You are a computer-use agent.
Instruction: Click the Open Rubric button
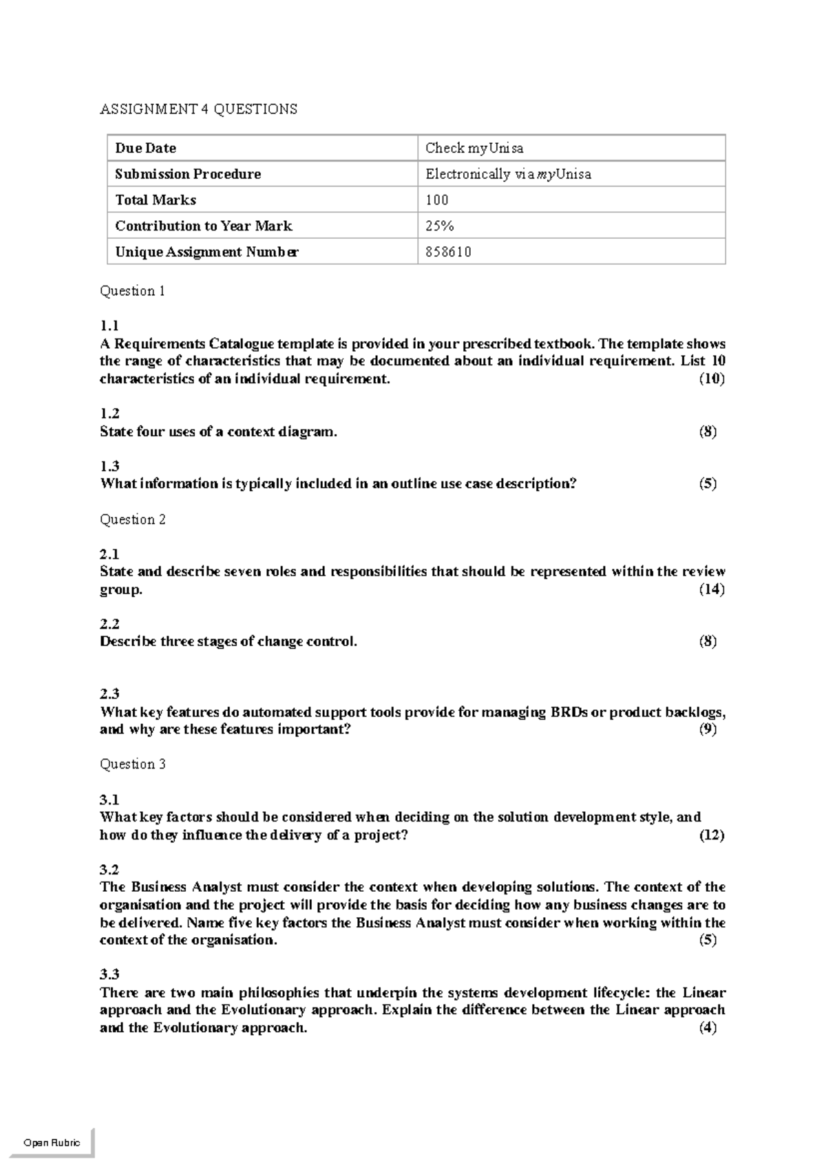pos(52,1143)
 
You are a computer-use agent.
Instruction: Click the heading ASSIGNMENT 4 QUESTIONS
pos(198,109)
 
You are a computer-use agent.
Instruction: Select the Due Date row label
pos(146,148)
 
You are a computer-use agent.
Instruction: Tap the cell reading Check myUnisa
pos(474,148)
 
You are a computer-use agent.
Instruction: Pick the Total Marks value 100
pos(436,200)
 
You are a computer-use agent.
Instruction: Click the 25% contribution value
pos(439,226)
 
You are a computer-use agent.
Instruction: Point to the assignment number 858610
pos(448,252)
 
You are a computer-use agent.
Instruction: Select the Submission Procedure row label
pos(188,174)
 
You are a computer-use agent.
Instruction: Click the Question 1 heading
pos(132,290)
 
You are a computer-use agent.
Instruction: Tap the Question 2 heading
pos(132,520)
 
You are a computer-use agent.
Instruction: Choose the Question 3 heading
pos(132,764)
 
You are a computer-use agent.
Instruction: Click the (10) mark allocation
pos(711,378)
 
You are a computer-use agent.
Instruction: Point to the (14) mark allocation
pos(711,589)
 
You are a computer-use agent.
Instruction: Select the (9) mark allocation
pos(708,729)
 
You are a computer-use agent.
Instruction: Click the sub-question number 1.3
pos(109,466)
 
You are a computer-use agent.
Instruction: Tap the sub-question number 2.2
pos(109,624)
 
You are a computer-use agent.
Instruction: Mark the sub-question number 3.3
pos(109,974)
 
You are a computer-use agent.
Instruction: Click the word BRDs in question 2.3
pos(569,712)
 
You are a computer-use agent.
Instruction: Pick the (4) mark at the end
pos(708,1027)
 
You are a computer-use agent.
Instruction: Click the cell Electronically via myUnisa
pos(508,174)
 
